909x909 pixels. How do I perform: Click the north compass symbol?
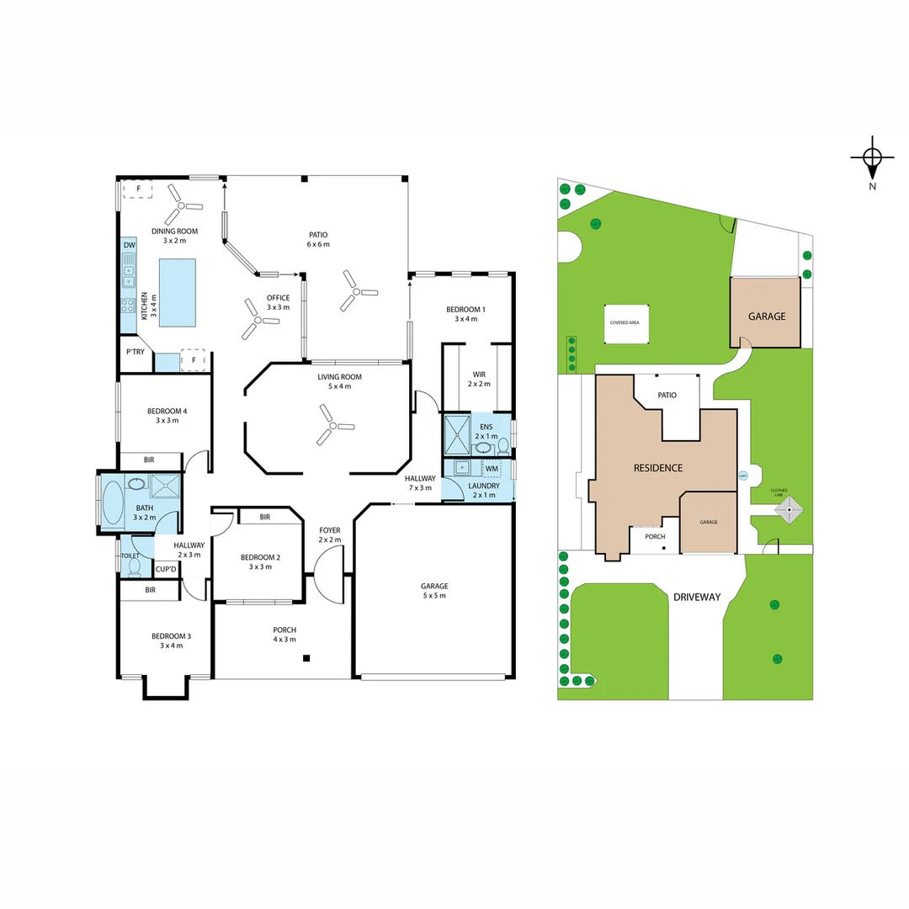tap(872, 157)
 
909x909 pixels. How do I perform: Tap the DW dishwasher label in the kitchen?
tap(129, 246)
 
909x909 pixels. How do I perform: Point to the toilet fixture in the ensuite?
tap(502, 445)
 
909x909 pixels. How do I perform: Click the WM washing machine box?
tap(492, 468)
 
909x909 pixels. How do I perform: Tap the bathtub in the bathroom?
tap(113, 502)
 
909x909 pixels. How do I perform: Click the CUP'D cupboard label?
tap(166, 570)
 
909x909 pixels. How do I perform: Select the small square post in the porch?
tap(307, 658)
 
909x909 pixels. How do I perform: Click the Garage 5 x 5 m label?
tap(434, 590)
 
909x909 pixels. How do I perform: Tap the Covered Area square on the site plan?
tap(625, 322)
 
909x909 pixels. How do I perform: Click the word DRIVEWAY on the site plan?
tap(697, 597)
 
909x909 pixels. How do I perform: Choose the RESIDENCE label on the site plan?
tap(657, 468)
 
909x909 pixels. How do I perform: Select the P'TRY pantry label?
tap(135, 352)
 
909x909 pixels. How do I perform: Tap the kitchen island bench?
tap(177, 291)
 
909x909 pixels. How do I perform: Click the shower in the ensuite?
tap(458, 434)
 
